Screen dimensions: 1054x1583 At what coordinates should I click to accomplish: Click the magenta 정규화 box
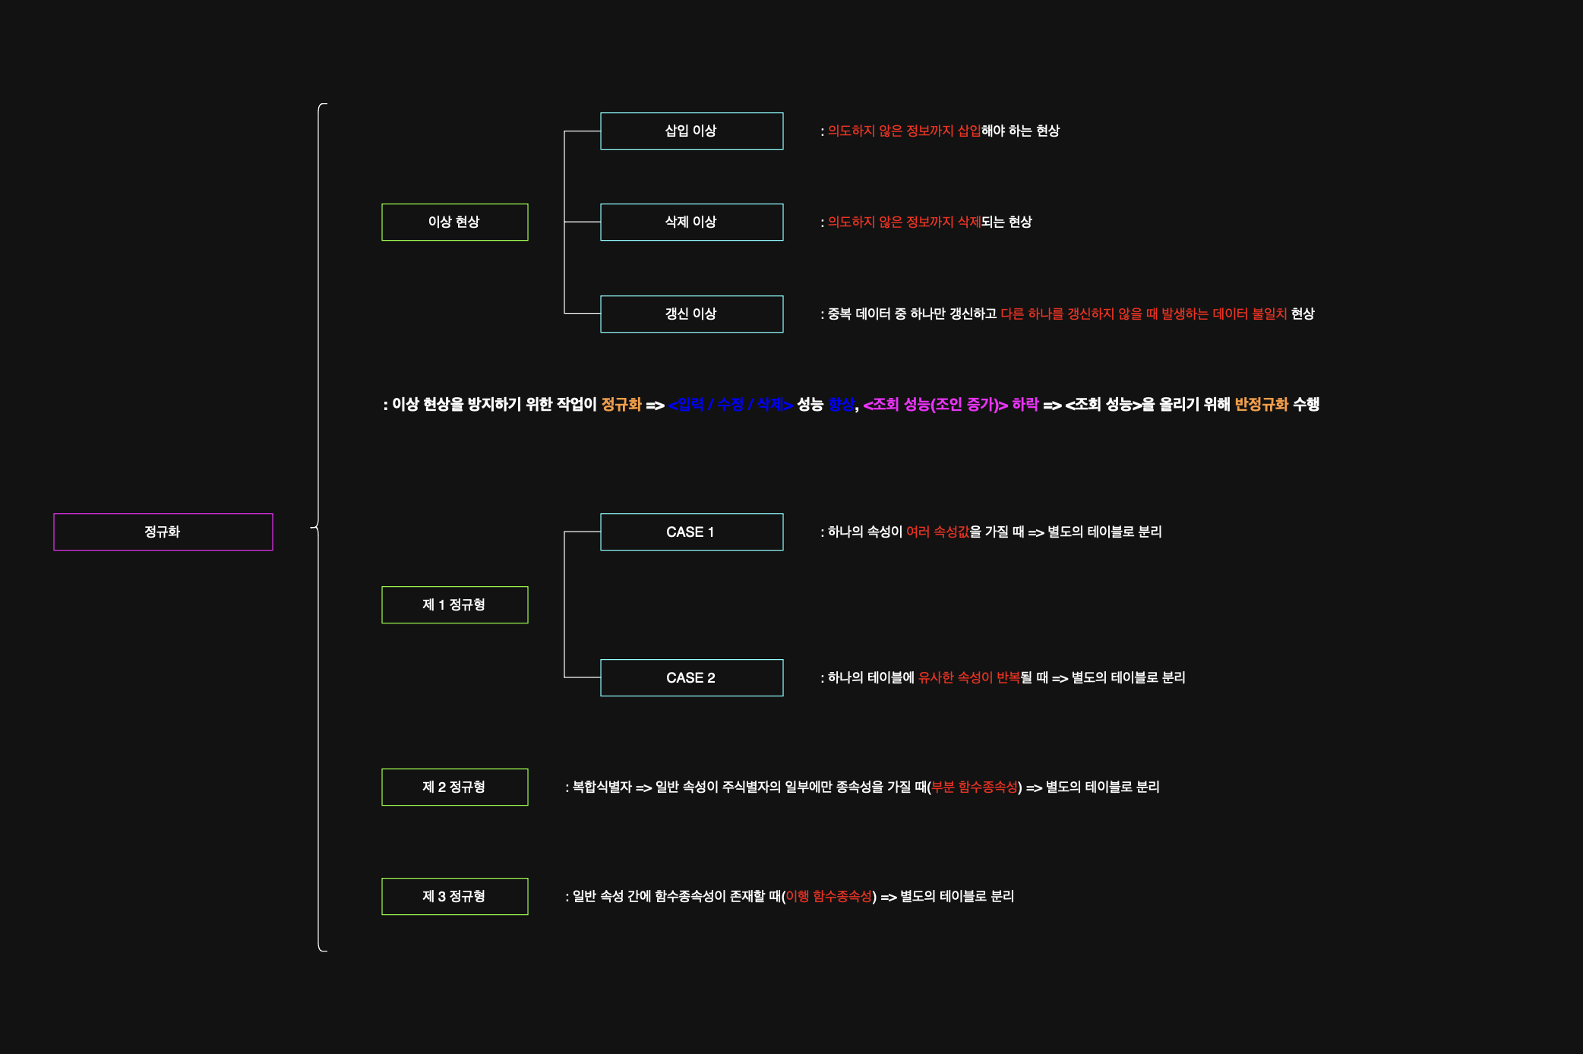[x=163, y=532]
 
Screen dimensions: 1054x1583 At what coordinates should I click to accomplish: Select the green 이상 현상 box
[x=454, y=222]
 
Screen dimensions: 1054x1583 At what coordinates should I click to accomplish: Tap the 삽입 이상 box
[x=691, y=131]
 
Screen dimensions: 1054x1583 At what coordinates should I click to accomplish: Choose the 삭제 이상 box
[x=691, y=222]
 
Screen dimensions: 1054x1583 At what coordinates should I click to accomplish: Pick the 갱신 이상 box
[x=691, y=314]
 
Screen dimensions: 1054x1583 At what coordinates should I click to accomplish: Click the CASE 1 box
[x=691, y=532]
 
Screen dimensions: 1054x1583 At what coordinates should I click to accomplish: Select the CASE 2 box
[x=691, y=677]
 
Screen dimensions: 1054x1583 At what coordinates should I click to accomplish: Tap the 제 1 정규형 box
[x=454, y=604]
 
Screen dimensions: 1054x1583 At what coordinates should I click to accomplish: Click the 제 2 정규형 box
[x=454, y=787]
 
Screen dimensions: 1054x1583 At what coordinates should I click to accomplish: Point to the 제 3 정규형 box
[x=454, y=896]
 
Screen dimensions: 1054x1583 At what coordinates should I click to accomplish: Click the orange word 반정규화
[x=1261, y=405]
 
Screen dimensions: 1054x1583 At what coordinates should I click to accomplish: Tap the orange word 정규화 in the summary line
[x=621, y=405]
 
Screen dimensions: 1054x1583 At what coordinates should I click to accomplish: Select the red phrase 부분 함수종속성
[x=974, y=787]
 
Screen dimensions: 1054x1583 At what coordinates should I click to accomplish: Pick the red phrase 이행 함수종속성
[x=829, y=897]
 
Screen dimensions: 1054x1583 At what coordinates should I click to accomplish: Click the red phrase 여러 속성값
[x=937, y=532]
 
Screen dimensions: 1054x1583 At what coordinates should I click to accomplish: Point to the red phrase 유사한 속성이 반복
[x=968, y=678]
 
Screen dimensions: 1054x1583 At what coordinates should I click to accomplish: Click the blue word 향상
[x=841, y=405]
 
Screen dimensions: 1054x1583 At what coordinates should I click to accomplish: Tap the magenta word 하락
[x=1025, y=405]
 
